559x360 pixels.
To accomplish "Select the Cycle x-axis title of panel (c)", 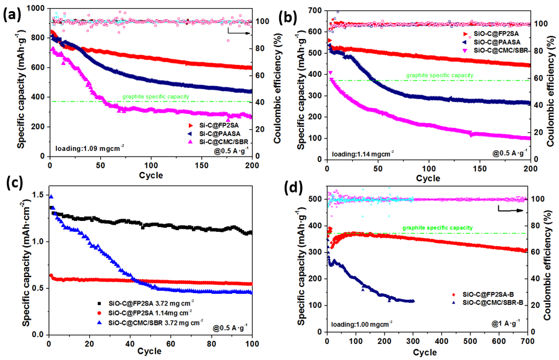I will click(x=149, y=351).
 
